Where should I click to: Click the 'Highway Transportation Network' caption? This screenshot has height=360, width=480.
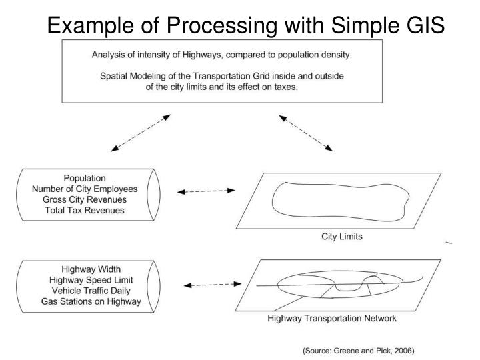point(331,319)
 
